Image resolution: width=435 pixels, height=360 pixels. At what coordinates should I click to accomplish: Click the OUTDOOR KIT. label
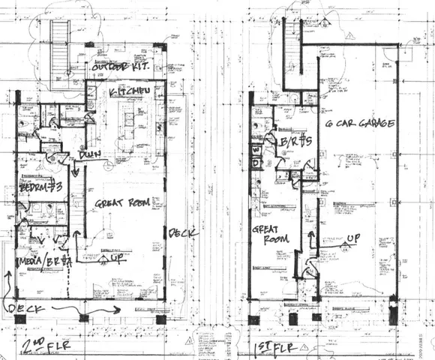click(118, 68)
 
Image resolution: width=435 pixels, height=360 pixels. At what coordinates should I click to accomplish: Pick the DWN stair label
click(91, 155)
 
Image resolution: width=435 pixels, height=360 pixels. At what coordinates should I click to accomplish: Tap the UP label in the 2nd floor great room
click(117, 257)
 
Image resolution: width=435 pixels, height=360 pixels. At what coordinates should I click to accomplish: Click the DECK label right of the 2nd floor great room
click(183, 233)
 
